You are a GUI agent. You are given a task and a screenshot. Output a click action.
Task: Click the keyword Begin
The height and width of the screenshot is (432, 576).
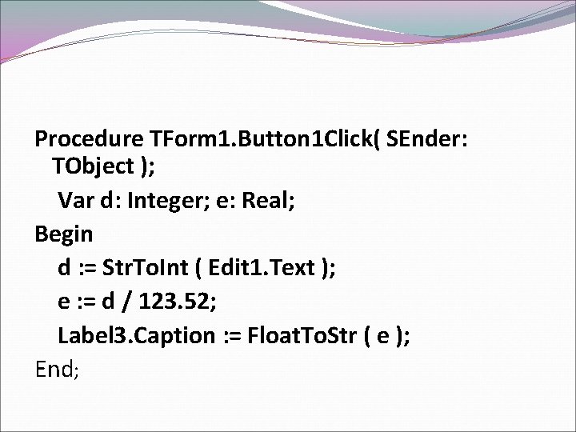click(63, 234)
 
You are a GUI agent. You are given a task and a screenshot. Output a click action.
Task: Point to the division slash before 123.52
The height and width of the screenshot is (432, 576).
click(129, 302)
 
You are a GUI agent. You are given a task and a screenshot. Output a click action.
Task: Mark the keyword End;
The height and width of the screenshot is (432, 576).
click(57, 369)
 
